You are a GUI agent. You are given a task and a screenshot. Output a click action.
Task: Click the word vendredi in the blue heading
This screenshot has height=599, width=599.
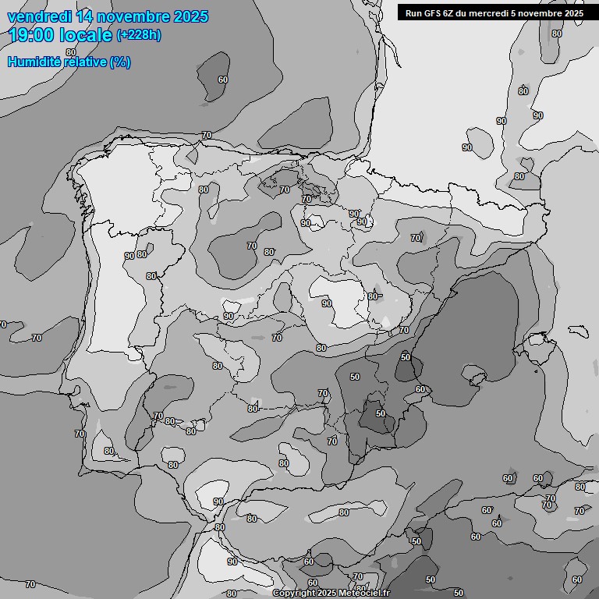39,16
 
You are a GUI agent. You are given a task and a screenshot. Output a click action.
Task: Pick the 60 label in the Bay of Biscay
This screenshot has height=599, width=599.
223,80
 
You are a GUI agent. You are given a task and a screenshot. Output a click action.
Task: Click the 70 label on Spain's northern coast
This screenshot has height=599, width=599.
207,135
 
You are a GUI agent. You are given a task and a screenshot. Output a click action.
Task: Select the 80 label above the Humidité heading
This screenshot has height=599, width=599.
71,52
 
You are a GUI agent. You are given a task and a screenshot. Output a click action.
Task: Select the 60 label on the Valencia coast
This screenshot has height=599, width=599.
420,389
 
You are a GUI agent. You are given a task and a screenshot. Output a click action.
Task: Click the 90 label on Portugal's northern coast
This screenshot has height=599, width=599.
129,256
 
